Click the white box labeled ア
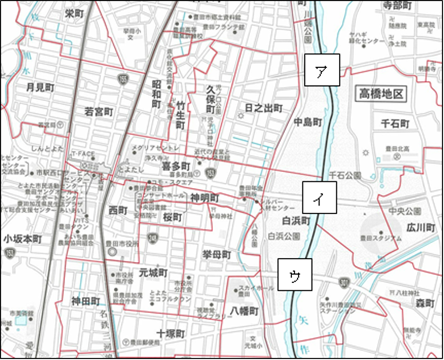click(x=322, y=70)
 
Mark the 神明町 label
click(x=206, y=196)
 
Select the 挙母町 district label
click(x=217, y=254)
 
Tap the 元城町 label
click(x=153, y=272)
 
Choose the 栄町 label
click(x=75, y=13)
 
